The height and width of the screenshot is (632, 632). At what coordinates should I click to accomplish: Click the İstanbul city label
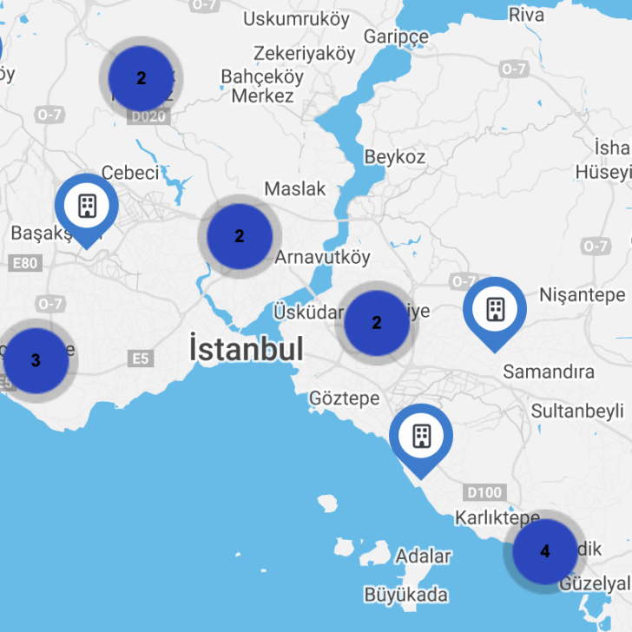pos(247,349)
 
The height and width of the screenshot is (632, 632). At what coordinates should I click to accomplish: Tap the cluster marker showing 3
pos(35,360)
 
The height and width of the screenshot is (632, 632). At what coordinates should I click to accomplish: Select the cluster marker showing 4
pos(544,551)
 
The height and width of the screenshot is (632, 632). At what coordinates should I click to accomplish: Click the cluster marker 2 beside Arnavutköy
pos(239,235)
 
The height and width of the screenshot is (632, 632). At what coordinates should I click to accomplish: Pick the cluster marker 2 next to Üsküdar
pos(376,323)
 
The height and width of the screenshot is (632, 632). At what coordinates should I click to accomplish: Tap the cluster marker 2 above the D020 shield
pos(141,77)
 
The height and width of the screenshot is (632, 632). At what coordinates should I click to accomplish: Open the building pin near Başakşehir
pos(87,207)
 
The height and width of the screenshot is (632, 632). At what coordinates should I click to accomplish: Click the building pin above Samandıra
pos(494,309)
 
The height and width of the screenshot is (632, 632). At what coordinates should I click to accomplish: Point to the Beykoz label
pos(395,157)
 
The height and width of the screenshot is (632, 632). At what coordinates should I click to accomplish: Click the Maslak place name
pos(295,188)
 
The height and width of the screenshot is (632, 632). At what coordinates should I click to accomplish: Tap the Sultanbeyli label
pos(577,410)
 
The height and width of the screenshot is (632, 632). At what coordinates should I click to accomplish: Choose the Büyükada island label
pos(406,595)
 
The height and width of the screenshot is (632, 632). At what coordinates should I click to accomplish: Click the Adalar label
pos(424,556)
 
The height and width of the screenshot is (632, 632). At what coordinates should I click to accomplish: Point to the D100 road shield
pos(484,493)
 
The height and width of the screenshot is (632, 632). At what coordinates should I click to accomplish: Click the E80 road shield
pos(26,264)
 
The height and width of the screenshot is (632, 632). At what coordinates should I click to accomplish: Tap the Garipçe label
pos(396,36)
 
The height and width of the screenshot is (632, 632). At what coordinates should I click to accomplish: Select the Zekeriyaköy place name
pos(305,54)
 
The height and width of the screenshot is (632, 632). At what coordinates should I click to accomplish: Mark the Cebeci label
pos(130,173)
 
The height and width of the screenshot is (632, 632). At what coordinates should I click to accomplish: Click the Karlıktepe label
pos(497,518)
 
